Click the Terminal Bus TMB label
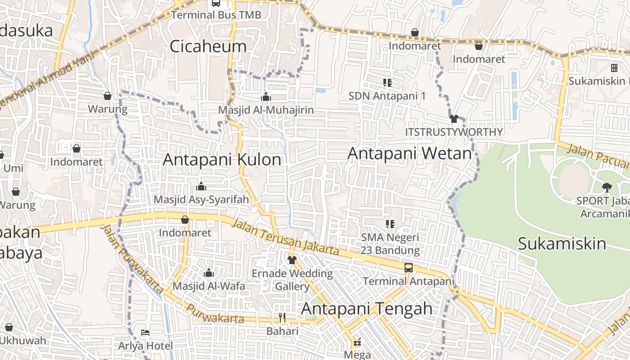216,15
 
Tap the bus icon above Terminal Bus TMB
216,3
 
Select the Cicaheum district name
208,46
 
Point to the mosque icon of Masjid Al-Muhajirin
266,97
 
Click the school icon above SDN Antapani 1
387,82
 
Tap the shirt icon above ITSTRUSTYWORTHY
454,119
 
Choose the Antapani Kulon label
222,159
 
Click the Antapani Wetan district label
409,153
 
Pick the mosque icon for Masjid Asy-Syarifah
201,186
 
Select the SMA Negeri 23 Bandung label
390,243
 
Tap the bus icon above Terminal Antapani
408,268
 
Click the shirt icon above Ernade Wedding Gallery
292,260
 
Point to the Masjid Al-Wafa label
209,286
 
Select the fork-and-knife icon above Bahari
282,318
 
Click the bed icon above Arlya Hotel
145,333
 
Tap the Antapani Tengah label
366,309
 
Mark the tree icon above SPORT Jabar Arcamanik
607,187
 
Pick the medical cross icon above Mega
358,342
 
